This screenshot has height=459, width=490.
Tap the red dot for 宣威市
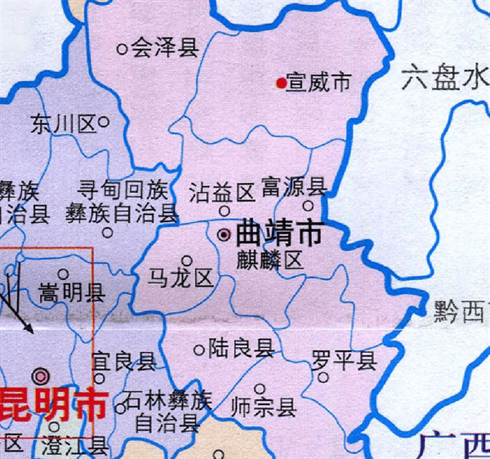tap(281, 82)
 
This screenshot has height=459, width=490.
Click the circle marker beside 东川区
tap(105, 123)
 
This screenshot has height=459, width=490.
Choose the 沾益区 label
tap(222, 193)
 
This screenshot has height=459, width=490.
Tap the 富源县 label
tap(294, 187)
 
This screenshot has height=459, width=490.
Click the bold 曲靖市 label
tap(278, 234)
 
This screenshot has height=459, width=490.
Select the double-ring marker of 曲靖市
tap(224, 234)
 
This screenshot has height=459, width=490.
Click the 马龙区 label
tap(180, 278)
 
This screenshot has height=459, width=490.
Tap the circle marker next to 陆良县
tap(198, 350)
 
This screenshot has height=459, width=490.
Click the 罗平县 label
tap(344, 359)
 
